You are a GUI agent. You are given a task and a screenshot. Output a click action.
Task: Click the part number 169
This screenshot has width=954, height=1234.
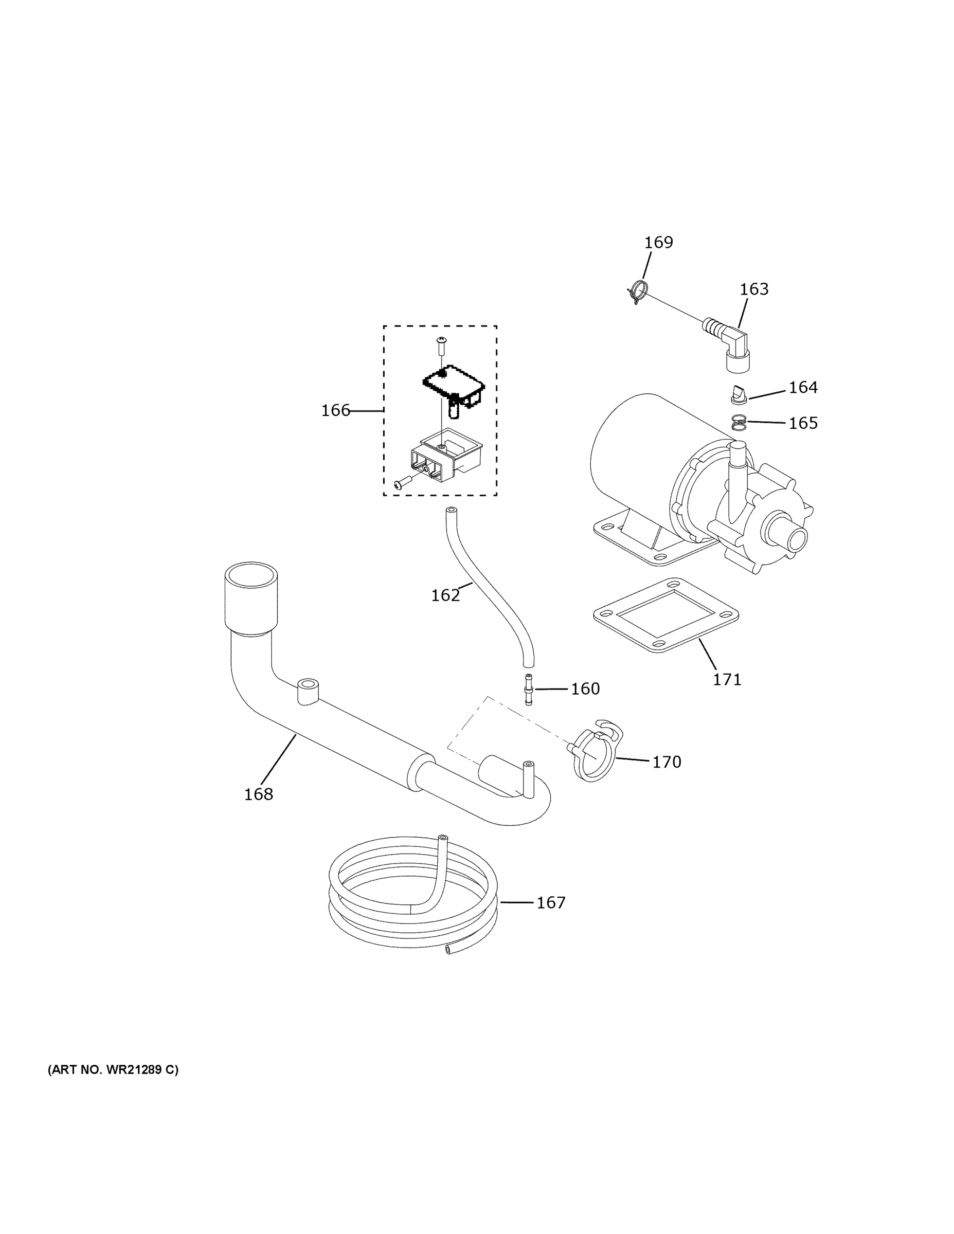click(x=658, y=242)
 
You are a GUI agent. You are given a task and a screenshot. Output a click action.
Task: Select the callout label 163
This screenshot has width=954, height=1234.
click(x=754, y=289)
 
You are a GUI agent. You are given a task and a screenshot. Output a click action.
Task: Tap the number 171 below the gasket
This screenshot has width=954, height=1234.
click(x=727, y=680)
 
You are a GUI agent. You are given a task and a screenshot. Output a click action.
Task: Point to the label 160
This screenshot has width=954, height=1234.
click(x=585, y=689)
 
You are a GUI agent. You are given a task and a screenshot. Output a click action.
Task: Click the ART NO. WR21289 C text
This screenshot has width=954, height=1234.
click(x=113, y=1069)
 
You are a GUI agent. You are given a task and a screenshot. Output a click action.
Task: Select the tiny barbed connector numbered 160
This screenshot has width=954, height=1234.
click(x=529, y=689)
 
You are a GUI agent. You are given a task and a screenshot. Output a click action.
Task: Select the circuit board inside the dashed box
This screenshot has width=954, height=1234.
click(x=452, y=384)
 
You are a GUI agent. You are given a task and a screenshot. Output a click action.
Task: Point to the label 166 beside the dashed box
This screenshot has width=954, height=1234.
click(x=336, y=411)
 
